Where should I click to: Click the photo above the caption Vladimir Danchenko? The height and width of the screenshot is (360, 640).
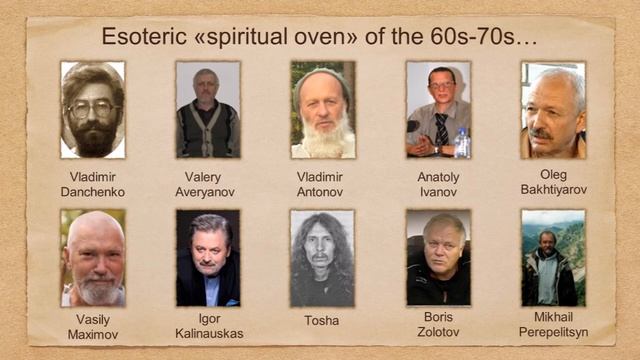click(x=92, y=110)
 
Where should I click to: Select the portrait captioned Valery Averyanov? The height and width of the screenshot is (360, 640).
click(x=208, y=110)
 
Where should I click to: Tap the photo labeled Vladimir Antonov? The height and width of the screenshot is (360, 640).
click(x=323, y=110)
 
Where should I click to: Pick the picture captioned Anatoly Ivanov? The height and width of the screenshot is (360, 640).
click(x=438, y=110)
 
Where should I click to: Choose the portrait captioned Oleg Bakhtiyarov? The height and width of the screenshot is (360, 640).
click(x=553, y=110)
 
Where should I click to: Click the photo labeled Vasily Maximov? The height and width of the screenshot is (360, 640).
click(x=92, y=258)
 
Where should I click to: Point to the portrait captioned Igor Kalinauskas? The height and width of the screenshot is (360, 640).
click(x=208, y=258)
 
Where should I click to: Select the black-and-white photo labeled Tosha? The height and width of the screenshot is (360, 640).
click(x=322, y=258)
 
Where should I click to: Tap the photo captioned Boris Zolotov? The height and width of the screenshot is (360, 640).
click(x=438, y=258)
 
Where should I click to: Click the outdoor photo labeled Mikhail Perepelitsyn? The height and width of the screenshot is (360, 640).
click(x=553, y=258)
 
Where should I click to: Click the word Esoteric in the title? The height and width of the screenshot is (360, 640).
click(x=139, y=38)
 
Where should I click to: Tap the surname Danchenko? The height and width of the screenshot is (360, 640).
click(x=92, y=191)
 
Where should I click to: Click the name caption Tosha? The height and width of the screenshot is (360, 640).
click(x=322, y=321)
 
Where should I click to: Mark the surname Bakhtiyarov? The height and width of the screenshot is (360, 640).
click(x=553, y=189)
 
